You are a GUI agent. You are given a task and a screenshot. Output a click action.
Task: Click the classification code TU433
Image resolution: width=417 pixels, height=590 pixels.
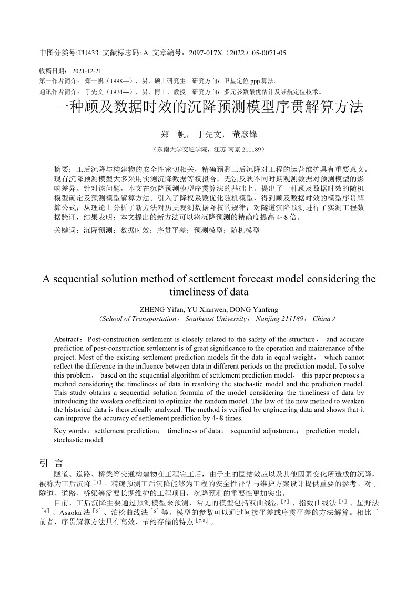pos(88,53)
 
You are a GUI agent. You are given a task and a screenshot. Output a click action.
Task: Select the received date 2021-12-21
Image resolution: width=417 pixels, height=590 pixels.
pos(86,70)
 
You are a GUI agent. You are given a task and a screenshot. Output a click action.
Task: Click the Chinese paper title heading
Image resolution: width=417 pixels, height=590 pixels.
pos(209,108)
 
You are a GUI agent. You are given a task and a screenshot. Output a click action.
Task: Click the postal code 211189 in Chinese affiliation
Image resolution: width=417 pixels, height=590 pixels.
pos(252,149)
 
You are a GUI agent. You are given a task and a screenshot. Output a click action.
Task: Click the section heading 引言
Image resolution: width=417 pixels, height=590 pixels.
pos(52,463)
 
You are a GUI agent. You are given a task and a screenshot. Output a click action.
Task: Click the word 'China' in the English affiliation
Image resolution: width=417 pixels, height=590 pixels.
pos(320,319)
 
